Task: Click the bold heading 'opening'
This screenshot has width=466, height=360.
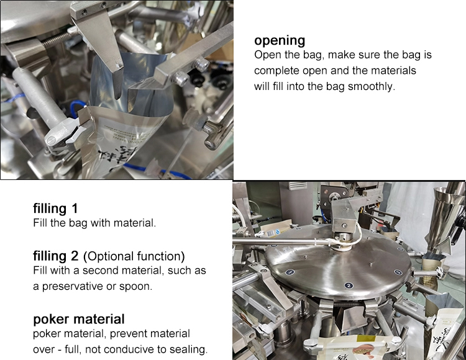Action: (x=280, y=41)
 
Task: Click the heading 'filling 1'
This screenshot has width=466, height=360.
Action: (x=55, y=209)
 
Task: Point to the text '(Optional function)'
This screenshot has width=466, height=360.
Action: (x=134, y=256)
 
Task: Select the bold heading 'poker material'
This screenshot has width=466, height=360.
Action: (x=79, y=319)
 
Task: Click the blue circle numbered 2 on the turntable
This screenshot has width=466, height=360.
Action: (x=349, y=286)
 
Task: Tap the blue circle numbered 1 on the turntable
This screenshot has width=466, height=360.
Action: (x=290, y=272)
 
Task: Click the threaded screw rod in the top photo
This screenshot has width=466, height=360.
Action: (x=57, y=41)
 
